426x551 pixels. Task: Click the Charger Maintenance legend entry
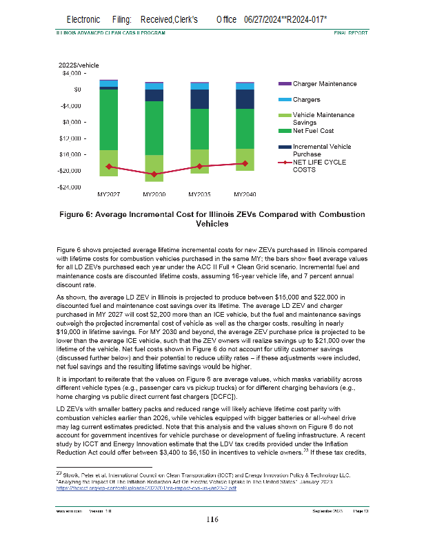pyautogui.click(x=324, y=83)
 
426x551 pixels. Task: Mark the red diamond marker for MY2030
pyautogui.click(x=154, y=174)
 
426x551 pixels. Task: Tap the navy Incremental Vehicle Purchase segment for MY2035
pyautogui.click(x=200, y=99)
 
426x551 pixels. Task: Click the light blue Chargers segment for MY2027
pyautogui.click(x=109, y=83)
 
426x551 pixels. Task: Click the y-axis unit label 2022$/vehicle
pyautogui.click(x=81, y=65)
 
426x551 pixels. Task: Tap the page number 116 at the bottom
pyautogui.click(x=212, y=539)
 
